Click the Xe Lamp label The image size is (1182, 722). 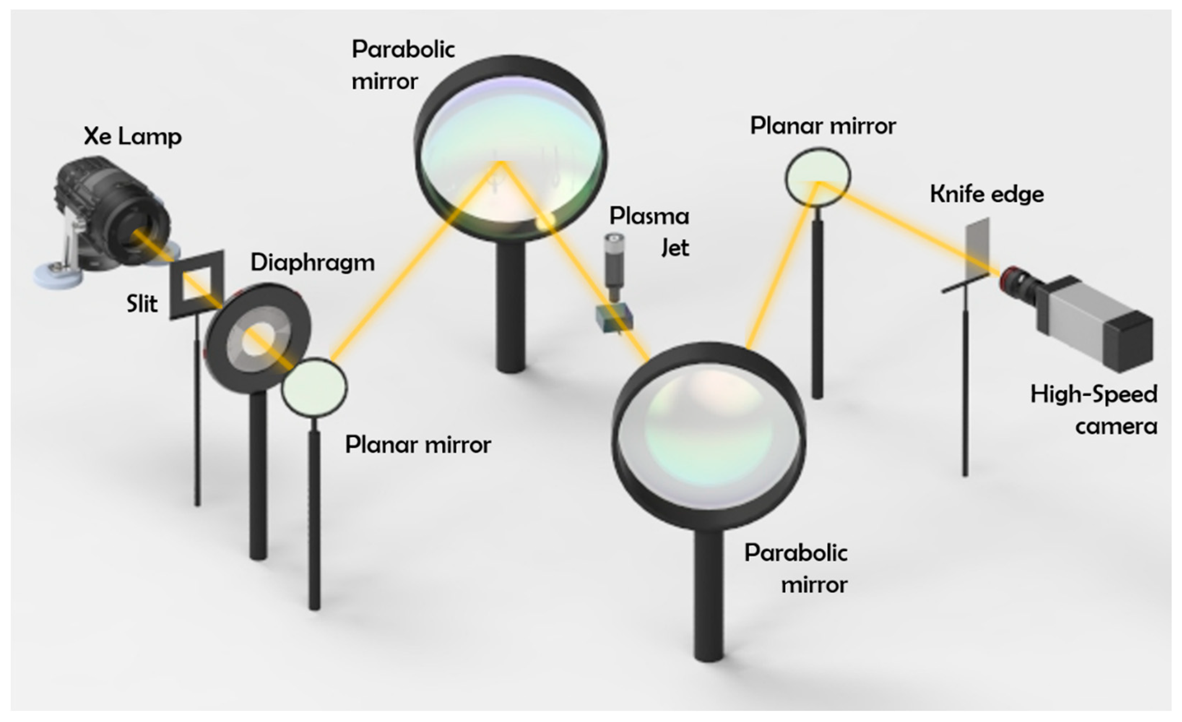tap(133, 137)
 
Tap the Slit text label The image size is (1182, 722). tap(142, 304)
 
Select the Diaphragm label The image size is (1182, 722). tap(312, 263)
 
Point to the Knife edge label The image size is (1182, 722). tap(987, 194)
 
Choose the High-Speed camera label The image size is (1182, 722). tap(1094, 410)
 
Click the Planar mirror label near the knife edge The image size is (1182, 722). tap(823, 126)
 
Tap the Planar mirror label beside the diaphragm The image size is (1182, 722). tap(418, 445)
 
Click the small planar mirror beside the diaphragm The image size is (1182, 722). tap(314, 388)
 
